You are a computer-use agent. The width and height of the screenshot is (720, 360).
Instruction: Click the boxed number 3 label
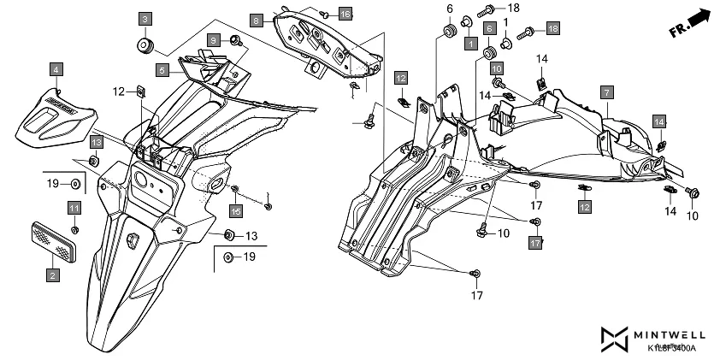(145, 19)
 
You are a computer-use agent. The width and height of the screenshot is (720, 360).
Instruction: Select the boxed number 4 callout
(55, 68)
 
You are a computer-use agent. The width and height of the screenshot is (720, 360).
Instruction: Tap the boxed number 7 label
(605, 91)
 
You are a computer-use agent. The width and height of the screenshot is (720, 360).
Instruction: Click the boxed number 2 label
(53, 275)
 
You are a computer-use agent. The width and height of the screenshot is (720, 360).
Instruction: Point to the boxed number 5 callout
(162, 69)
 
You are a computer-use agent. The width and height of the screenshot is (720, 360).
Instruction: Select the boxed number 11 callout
(74, 209)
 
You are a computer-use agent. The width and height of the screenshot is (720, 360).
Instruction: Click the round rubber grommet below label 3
(145, 44)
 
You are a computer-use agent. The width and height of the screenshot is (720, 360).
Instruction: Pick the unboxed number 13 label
(251, 235)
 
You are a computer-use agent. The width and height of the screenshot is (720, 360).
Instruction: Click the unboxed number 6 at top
(448, 9)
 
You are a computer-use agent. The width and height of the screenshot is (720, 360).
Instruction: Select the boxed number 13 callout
(97, 141)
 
